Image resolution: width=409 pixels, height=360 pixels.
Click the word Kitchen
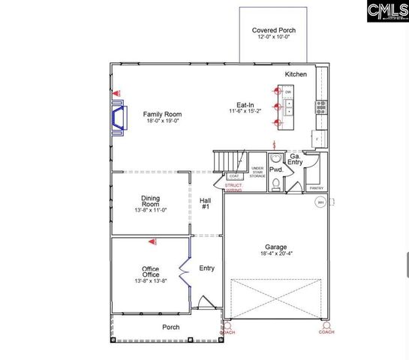coord(296,75)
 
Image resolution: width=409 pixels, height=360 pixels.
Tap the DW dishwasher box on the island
coord(288,92)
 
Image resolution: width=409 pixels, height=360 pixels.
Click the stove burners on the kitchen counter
coord(321,106)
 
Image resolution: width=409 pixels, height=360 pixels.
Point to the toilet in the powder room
coord(275,182)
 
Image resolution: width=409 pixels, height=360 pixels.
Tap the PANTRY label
coord(316,188)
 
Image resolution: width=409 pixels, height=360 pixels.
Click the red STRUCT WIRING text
coord(234,188)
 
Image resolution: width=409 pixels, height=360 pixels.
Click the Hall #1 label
coord(206,203)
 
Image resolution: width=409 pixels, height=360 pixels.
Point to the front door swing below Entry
coord(203,304)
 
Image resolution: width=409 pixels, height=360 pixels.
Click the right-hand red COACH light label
coord(326,331)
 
